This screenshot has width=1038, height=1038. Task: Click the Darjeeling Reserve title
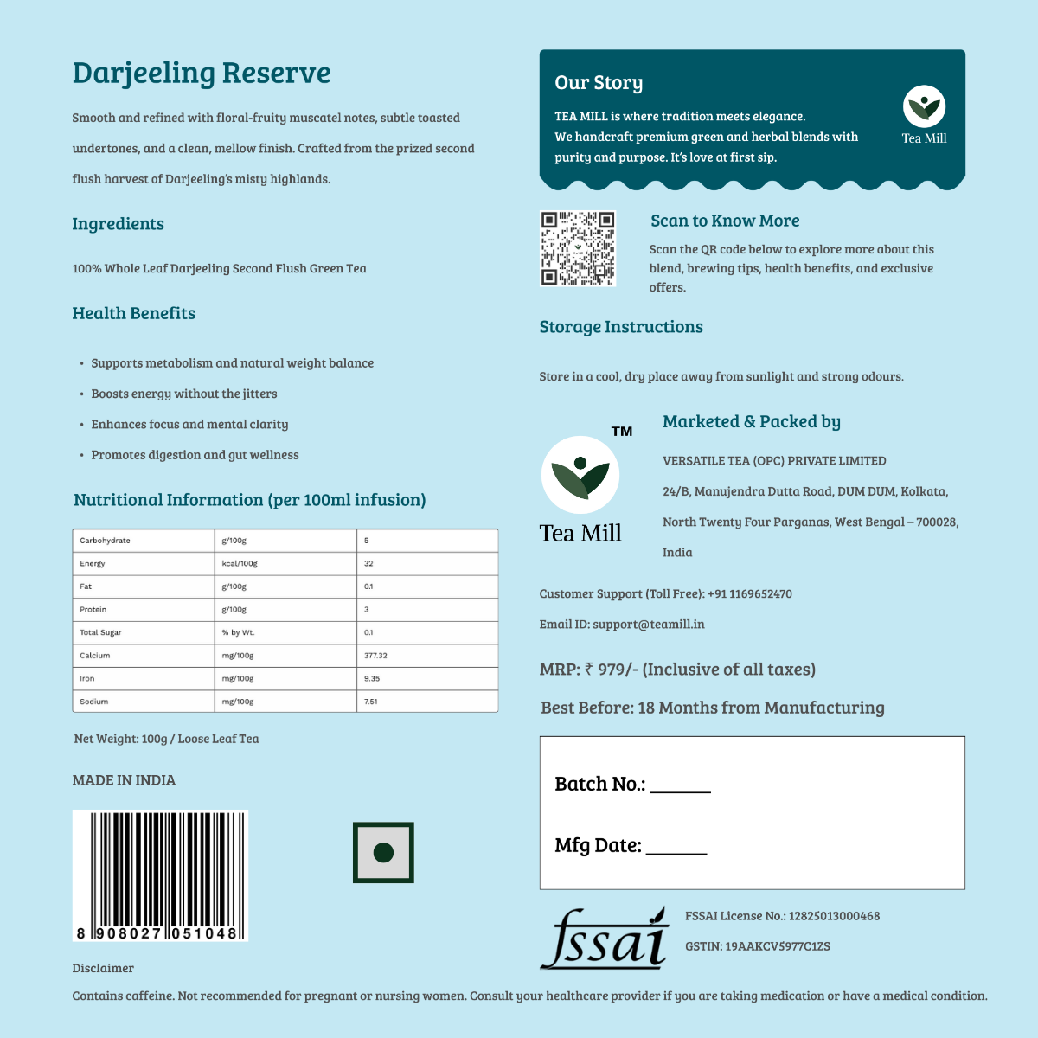coord(201,74)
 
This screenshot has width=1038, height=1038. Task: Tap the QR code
coord(578,248)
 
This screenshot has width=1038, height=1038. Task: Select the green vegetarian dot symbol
coord(383,853)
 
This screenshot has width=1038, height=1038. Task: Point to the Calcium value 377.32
coord(375,656)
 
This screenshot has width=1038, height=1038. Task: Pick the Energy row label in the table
coord(93,563)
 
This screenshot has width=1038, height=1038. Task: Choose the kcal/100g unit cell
coord(240,563)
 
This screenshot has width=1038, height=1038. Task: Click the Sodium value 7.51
coord(370,702)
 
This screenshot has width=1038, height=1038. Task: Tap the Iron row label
coord(87,679)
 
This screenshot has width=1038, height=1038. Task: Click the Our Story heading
coord(599,83)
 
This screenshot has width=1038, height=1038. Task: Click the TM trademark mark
coord(622,431)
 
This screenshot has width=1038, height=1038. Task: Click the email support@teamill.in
coord(648,625)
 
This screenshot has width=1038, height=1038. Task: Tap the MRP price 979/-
coord(611,670)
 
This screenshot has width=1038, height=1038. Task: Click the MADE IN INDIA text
coord(124,780)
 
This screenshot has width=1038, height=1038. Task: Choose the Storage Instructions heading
coord(621,327)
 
